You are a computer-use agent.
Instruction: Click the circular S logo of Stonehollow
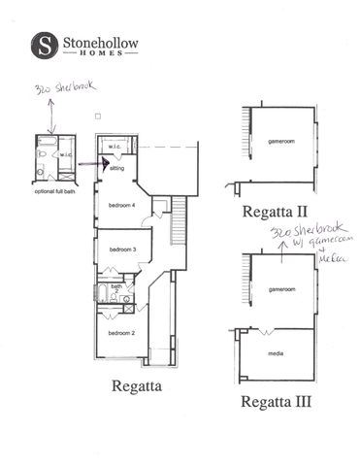pos(44,45)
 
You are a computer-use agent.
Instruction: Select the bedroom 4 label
pos(120,206)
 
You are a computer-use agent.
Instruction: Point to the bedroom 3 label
pos(120,250)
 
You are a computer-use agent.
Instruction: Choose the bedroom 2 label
pos(120,333)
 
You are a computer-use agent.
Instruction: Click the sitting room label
pos(117,168)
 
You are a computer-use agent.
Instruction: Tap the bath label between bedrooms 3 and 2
pos(116,286)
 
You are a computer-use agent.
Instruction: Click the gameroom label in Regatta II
pos(280,142)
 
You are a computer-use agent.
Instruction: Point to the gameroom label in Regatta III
pos(280,289)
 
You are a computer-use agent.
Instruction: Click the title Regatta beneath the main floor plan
pos(129,388)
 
